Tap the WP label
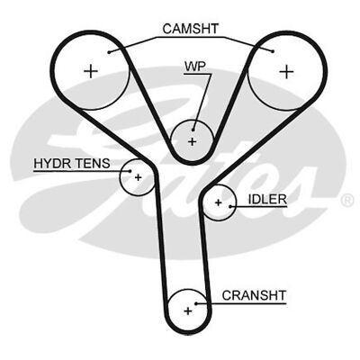pos(195,67)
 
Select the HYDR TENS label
pos(71,164)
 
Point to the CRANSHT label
pos(253,294)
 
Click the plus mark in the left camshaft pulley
pos(90,70)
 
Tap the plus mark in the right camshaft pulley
pos(285,70)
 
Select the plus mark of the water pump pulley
pos(192,141)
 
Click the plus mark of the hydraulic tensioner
pos(138,177)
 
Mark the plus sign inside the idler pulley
pos(218,204)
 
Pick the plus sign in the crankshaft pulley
pos(188,310)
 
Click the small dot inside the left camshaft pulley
pos(110,52)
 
